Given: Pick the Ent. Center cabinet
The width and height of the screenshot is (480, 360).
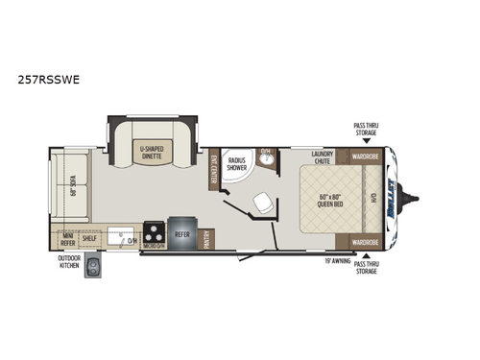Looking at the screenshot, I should point(213,169).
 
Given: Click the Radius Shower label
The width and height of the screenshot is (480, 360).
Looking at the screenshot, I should point(235,164).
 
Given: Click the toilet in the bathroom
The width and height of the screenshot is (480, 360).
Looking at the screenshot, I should point(258,202).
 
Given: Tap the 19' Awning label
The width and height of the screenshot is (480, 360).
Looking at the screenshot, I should point(323,259).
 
